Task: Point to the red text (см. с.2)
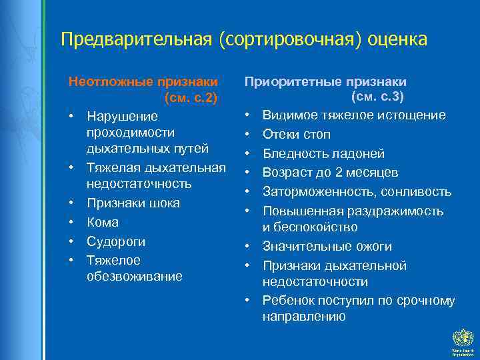(x=190, y=99)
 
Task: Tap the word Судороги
(x=116, y=241)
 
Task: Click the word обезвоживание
(x=134, y=276)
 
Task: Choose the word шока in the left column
(x=165, y=203)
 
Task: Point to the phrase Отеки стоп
(x=297, y=134)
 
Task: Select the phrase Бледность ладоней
(x=323, y=153)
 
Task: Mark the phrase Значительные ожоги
(x=327, y=247)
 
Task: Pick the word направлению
(x=304, y=317)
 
